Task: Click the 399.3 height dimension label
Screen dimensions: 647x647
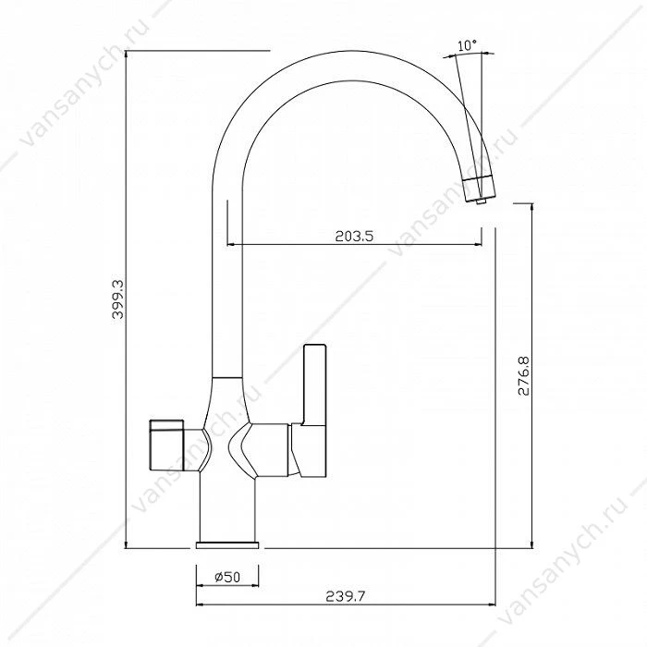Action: pyautogui.click(x=118, y=299)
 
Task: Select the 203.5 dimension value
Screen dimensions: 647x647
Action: pyautogui.click(x=354, y=236)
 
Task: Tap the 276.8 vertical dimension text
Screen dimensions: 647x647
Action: pyautogui.click(x=524, y=376)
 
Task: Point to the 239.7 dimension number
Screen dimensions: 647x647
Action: pyautogui.click(x=346, y=596)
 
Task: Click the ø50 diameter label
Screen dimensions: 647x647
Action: pyautogui.click(x=227, y=577)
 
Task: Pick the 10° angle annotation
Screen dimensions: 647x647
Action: pyautogui.click(x=467, y=45)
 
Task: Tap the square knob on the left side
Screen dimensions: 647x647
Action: pyautogui.click(x=166, y=445)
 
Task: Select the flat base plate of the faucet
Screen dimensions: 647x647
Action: pyautogui.click(x=227, y=544)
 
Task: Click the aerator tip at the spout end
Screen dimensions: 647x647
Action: pyautogui.click(x=481, y=201)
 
